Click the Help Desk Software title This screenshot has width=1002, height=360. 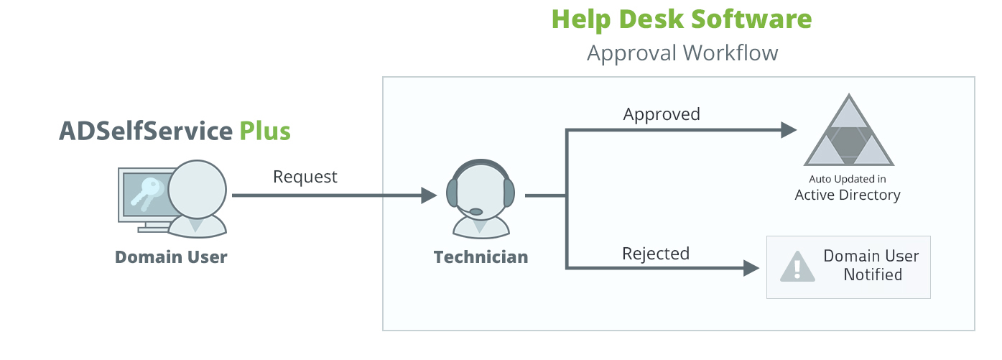[682, 19]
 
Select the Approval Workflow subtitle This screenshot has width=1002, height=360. [682, 53]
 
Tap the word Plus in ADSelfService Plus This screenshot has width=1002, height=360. [264, 131]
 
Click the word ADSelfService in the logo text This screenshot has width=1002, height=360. [146, 131]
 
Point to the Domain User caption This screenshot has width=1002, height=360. [171, 257]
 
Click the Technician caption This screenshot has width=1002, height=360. [481, 257]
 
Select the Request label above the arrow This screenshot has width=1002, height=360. [305, 176]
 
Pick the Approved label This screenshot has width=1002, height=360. [661, 114]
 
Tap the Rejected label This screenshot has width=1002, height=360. [655, 254]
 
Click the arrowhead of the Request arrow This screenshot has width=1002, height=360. [429, 195]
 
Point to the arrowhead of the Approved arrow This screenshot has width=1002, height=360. [789, 130]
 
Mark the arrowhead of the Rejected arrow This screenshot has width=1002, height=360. [751, 269]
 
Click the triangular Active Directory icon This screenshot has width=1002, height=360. [848, 133]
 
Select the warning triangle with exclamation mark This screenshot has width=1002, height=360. [797, 267]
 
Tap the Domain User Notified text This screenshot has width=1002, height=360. [871, 266]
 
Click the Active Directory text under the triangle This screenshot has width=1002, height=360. [848, 195]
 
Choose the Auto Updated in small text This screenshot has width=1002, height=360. [848, 179]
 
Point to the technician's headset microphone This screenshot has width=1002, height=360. [475, 211]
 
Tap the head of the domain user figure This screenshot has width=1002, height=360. [198, 189]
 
